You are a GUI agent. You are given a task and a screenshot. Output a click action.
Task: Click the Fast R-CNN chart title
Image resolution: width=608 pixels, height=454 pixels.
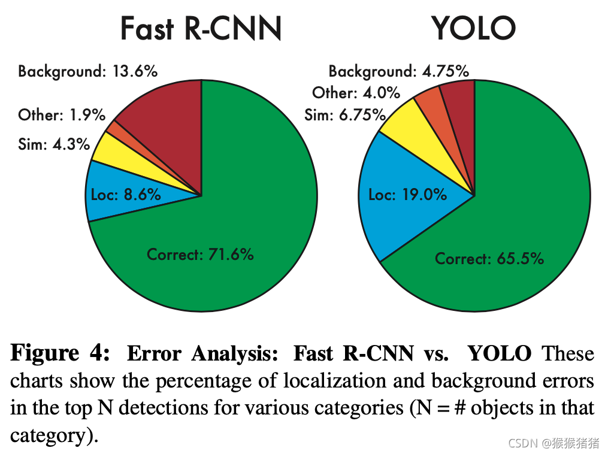point(201,28)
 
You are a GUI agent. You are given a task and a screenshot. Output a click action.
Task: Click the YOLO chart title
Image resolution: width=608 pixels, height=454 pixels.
point(473,28)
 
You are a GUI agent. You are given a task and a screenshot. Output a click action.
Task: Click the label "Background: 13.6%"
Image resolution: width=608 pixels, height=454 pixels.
point(87,71)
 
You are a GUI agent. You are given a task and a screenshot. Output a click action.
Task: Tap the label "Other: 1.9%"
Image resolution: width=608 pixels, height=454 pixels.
point(62,114)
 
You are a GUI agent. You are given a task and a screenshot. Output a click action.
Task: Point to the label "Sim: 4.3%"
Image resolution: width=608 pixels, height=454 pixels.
point(54,144)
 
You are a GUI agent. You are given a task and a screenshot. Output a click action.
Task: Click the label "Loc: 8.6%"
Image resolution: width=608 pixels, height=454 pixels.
point(126,194)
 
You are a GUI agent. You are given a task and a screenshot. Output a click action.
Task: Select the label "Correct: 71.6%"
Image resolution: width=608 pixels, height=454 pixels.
point(200,254)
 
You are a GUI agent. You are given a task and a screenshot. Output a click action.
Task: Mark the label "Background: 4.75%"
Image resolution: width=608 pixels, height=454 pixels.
point(398,71)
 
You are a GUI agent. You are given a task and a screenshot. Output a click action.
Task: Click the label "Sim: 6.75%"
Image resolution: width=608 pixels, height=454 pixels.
point(344,114)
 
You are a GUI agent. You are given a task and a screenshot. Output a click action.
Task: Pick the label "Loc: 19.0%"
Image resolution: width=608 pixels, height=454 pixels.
point(407,194)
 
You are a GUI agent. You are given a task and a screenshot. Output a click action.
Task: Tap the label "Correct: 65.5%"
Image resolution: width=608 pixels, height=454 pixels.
point(489,259)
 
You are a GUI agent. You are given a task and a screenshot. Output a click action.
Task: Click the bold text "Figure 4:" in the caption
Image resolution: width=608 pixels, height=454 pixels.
point(60,353)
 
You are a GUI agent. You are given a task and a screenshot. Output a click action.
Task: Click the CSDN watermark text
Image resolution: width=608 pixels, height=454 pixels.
point(553,443)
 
